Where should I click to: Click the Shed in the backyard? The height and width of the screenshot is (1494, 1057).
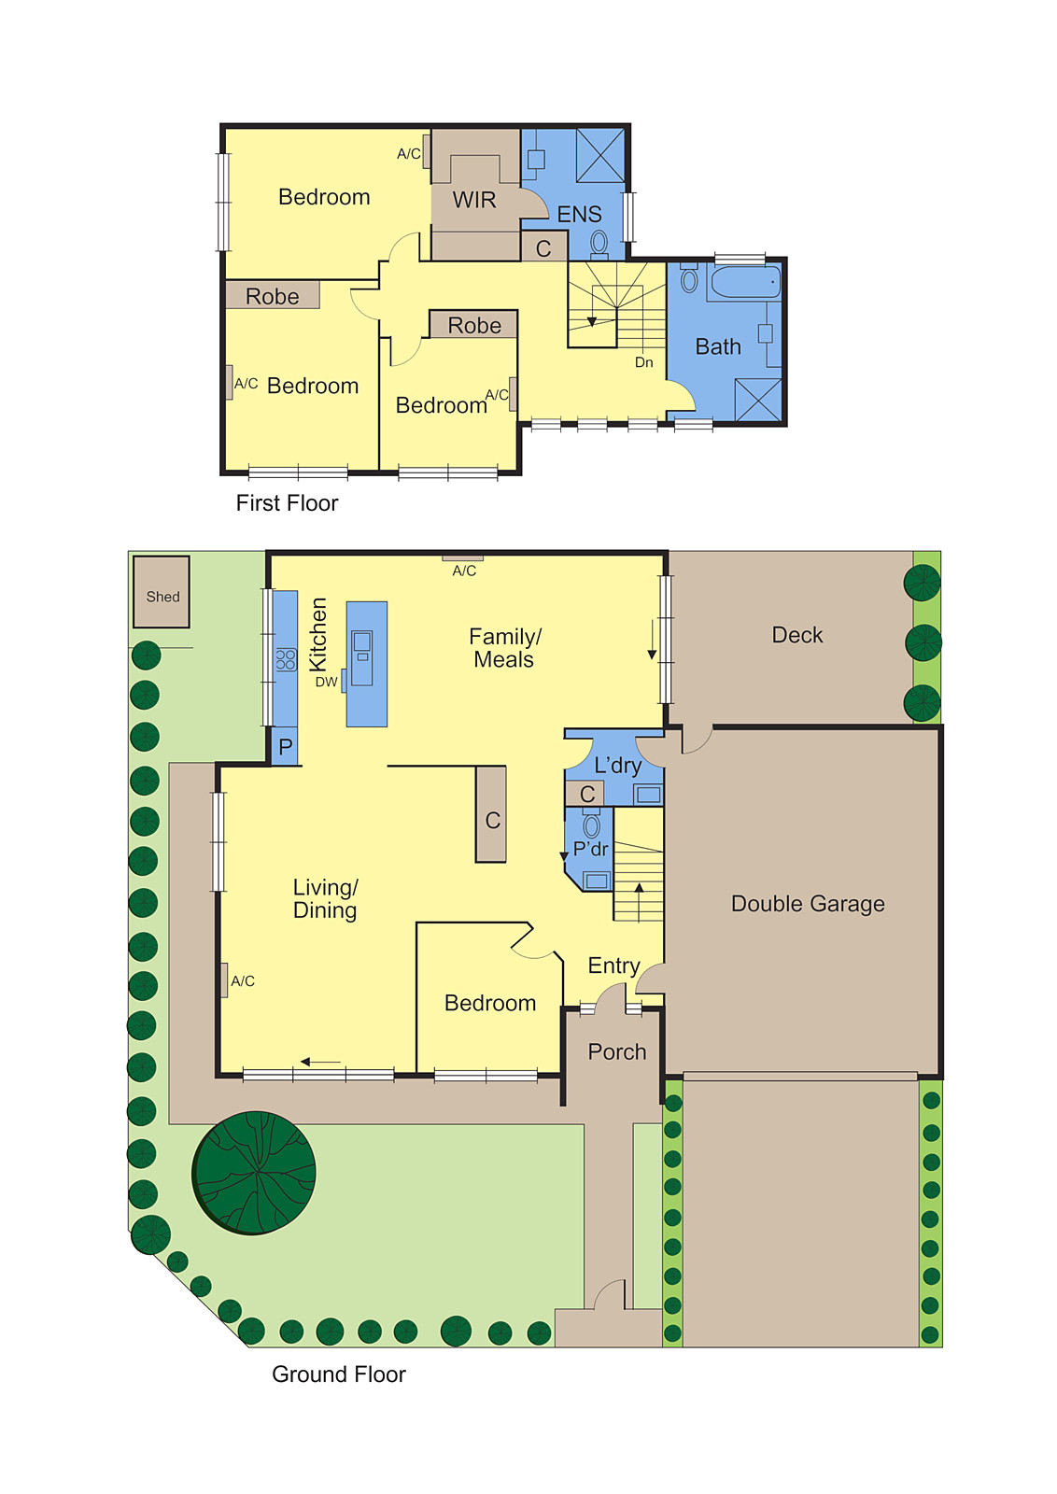[x=162, y=592]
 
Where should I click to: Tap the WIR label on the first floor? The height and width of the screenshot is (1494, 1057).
[x=474, y=200]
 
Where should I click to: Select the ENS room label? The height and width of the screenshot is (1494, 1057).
[x=579, y=215]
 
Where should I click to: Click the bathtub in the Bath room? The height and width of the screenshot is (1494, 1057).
[x=743, y=281]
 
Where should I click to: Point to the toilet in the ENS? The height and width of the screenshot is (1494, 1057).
[x=599, y=243]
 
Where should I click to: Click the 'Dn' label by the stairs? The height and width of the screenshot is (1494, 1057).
[x=644, y=362]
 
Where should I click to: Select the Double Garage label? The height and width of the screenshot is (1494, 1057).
[x=808, y=904]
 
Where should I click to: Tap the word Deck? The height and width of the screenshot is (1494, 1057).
[x=797, y=635]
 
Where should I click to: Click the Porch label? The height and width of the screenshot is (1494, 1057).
[x=617, y=1052]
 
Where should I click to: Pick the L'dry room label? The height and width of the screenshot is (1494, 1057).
[x=617, y=766]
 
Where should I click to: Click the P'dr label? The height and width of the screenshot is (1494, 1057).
[x=590, y=849]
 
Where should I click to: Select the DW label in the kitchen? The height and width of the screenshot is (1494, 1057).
[x=326, y=682]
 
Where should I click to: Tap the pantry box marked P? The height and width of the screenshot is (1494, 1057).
[x=285, y=747]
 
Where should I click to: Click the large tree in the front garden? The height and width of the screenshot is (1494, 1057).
[x=254, y=1173]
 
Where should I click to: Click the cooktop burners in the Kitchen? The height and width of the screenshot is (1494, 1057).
[x=286, y=659]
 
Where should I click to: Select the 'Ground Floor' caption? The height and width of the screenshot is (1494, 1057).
[x=339, y=1374]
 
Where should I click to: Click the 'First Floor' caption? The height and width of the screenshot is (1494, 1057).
[x=287, y=503]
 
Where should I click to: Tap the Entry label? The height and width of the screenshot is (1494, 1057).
[x=613, y=965]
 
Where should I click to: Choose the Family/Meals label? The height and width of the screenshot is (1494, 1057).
[x=504, y=648]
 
